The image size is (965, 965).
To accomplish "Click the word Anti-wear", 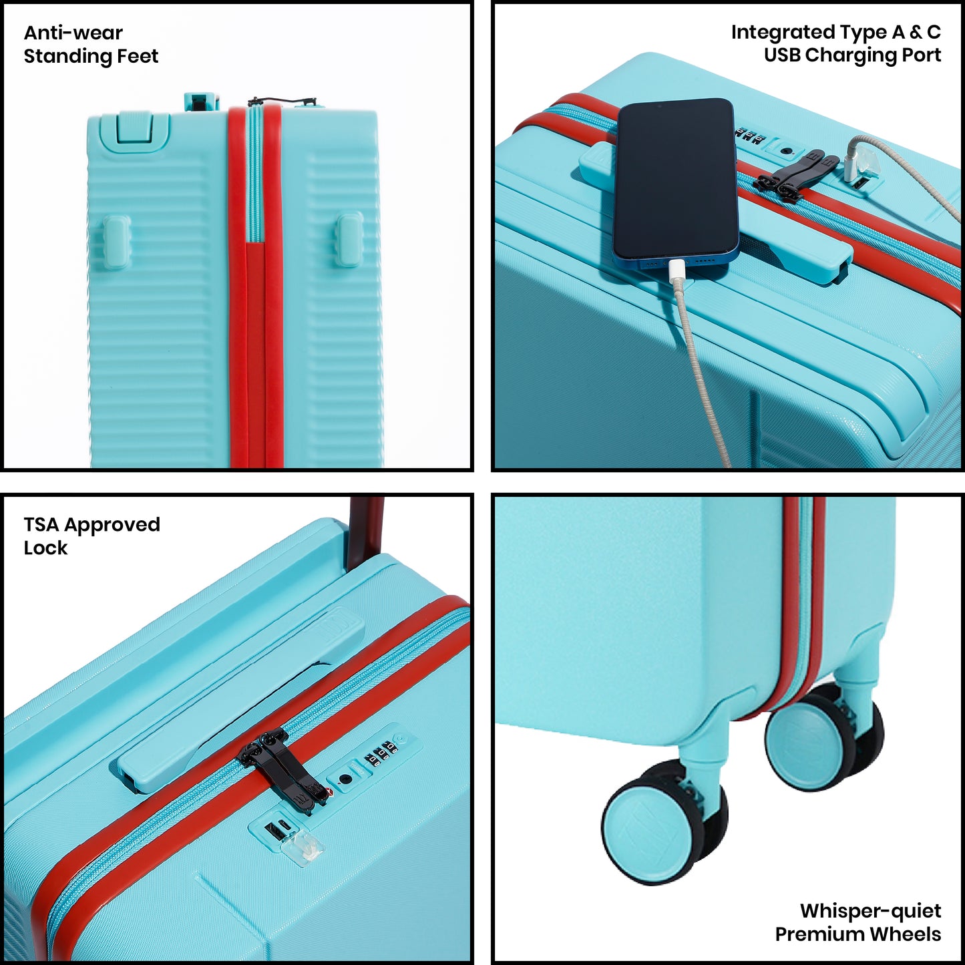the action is pyautogui.click(x=73, y=33).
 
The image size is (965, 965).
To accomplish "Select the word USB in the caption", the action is pyautogui.click(x=782, y=55).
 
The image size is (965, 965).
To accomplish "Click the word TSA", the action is pyautogui.click(x=41, y=524).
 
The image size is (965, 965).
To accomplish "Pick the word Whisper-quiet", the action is pyautogui.click(x=871, y=911).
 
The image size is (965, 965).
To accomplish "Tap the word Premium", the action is pyautogui.click(x=820, y=934).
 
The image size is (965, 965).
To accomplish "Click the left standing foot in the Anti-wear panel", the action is pyautogui.click(x=114, y=238).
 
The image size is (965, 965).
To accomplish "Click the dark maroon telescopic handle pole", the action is pyautogui.click(x=365, y=532).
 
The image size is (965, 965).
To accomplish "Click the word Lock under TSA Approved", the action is pyautogui.click(x=45, y=548).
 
